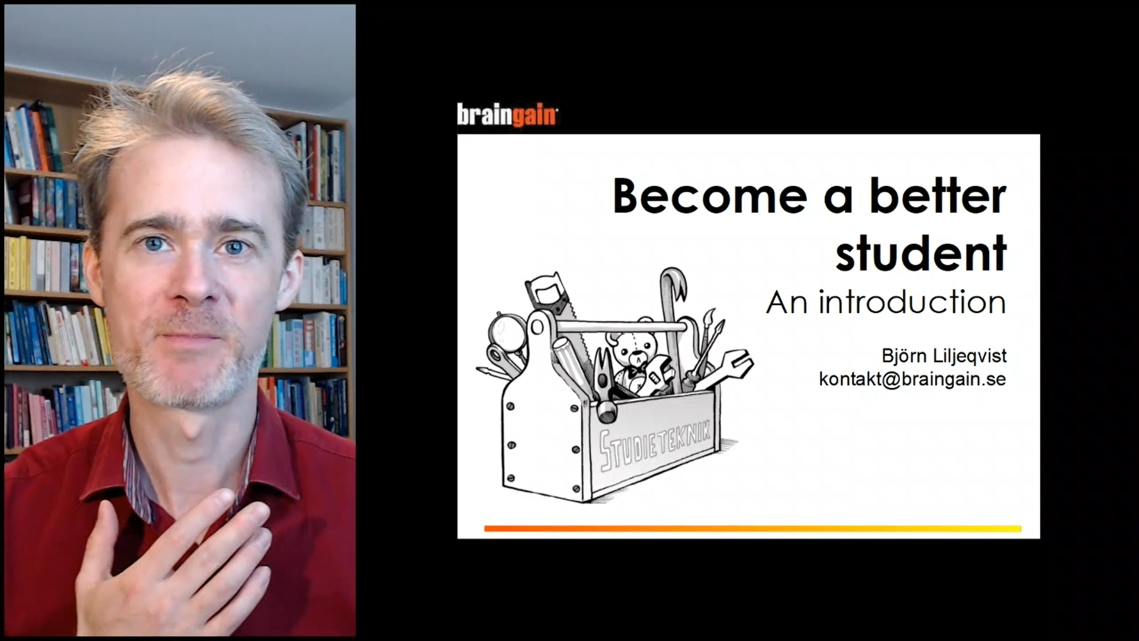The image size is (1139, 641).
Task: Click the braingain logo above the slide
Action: [507, 115]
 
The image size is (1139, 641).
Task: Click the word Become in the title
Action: [710, 196]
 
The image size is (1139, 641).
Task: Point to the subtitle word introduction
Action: [912, 302]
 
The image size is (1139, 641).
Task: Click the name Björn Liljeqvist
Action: [944, 356]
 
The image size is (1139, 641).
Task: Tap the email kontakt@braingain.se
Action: [912, 379]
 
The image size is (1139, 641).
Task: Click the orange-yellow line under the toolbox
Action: [752, 528]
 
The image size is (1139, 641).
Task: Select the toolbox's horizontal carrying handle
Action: [621, 326]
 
